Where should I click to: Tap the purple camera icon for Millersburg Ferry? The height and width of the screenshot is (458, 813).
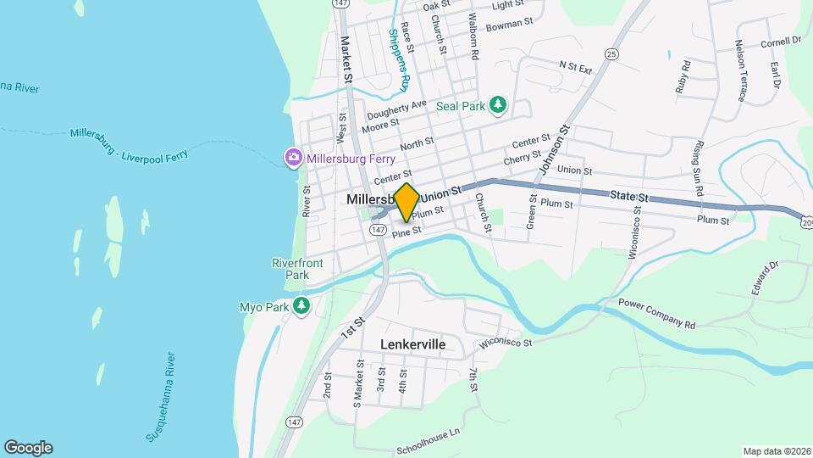point(293,157)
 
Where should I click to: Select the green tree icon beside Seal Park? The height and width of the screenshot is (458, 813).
point(499,105)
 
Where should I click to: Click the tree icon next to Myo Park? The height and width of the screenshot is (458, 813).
point(301,305)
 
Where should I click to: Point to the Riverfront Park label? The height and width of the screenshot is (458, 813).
point(297,269)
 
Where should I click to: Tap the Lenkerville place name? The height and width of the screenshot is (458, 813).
point(412,345)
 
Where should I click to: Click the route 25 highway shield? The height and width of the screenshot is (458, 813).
point(611,54)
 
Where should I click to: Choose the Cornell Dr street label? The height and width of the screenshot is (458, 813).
point(781,41)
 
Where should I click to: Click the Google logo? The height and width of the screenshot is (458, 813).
point(28,448)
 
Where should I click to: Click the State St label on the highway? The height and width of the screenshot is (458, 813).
point(629,197)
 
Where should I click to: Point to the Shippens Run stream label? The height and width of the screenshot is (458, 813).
point(399,59)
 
